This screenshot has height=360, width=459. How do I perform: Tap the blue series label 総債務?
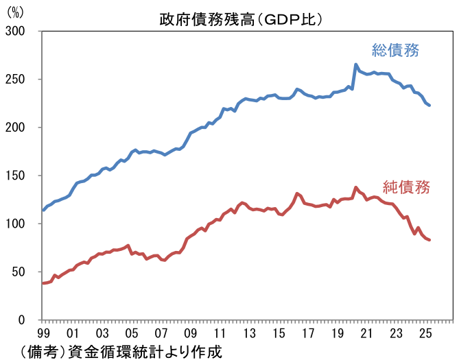click(x=395, y=50)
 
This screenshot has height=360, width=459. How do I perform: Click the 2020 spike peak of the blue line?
click(x=355, y=65)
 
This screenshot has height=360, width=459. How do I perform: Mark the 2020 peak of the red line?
click(x=355, y=187)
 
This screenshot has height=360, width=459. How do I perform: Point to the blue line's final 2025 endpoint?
click(x=429, y=105)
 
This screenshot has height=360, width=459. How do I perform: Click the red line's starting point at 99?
click(x=43, y=283)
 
